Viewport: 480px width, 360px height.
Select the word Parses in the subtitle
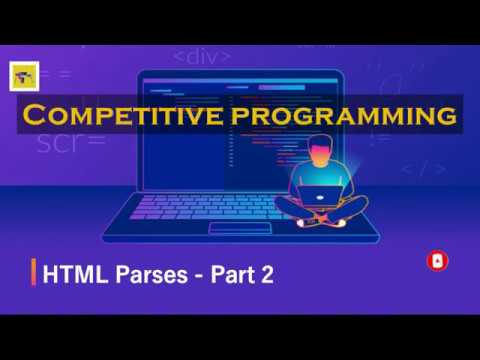pos(138,274)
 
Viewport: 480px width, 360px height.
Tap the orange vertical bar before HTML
pos(35,273)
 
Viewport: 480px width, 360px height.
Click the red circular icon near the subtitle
pos(437,261)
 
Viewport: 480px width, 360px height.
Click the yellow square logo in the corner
pos(21,77)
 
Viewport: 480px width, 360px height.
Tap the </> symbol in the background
pos(424,168)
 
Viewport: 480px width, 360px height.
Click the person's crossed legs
pos(322,210)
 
